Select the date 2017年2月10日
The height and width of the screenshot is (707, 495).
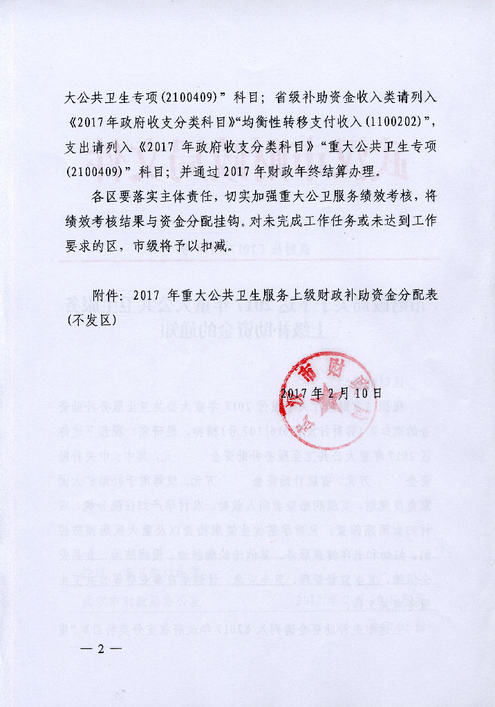point(331,393)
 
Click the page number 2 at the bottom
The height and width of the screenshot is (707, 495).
point(101,649)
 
